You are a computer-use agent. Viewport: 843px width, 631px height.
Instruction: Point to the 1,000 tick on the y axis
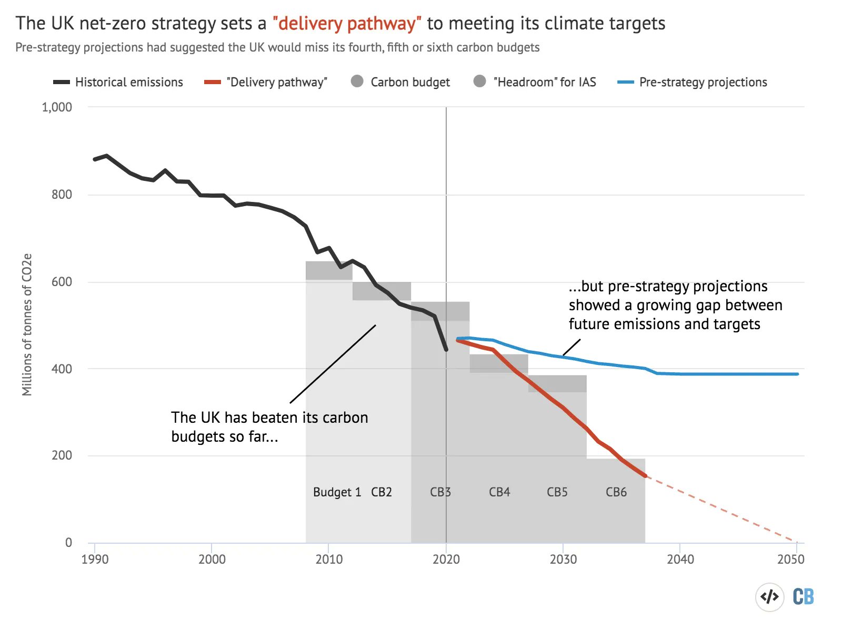pos(57,107)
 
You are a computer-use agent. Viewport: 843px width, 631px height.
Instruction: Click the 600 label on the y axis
pos(62,282)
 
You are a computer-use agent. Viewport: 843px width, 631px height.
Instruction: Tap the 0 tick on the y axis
pos(68,543)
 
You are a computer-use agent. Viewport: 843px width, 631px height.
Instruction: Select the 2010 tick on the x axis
pos(329,559)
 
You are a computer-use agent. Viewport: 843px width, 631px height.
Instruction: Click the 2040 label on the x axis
pos(680,559)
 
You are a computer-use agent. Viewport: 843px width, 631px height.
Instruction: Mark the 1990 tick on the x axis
pos(95,559)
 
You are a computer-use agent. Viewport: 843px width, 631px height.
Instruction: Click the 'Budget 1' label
pos(337,492)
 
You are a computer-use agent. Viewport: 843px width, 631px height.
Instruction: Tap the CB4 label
pos(499,492)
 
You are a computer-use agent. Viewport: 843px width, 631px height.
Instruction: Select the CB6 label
pos(616,492)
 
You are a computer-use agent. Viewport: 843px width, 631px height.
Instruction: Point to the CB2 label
pos(382,492)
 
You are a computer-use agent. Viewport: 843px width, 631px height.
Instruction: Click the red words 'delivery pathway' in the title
pos(347,24)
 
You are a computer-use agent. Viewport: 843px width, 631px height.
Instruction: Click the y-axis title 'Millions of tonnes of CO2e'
pos(27,324)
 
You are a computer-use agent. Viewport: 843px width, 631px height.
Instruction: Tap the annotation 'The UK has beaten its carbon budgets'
pos(269,426)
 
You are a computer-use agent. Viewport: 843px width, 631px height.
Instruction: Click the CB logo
pos(803,597)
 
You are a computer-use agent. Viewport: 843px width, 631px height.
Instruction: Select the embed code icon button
pos(770,597)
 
